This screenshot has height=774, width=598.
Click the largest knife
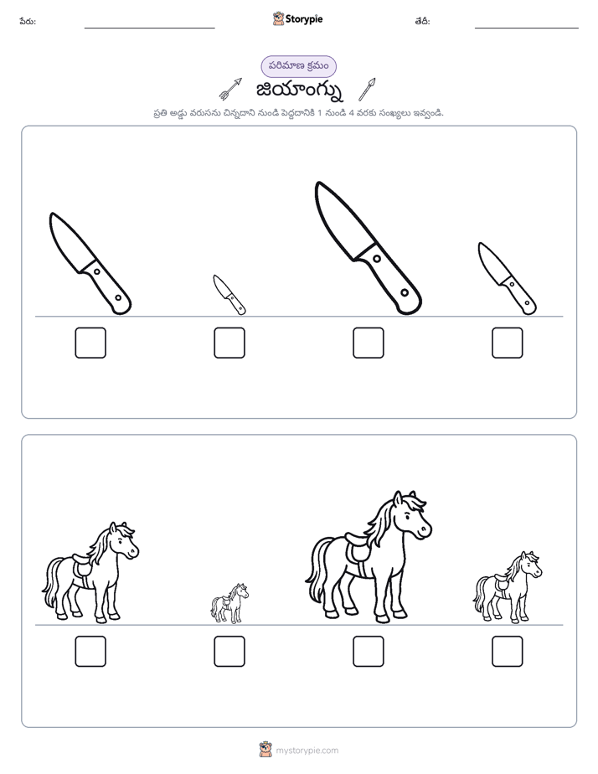(x=368, y=247)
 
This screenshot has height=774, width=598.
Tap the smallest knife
(x=229, y=294)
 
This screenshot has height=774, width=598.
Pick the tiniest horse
(x=229, y=603)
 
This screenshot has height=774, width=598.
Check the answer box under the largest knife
(x=368, y=343)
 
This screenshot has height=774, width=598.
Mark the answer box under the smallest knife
(x=229, y=343)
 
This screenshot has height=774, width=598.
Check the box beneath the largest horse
(x=368, y=652)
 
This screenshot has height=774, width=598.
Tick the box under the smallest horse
(x=229, y=652)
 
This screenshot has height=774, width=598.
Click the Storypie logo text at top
(x=304, y=18)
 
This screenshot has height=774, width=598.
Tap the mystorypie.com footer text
(x=307, y=751)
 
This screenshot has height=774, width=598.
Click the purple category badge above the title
(x=298, y=66)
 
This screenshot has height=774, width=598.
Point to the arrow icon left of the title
(x=230, y=88)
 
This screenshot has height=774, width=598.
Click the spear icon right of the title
(x=367, y=89)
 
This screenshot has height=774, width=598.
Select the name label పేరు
(x=28, y=21)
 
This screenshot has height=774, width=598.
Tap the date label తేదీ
(x=422, y=21)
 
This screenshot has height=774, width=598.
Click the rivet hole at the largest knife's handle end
(x=405, y=292)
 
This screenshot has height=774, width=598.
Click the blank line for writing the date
(x=527, y=28)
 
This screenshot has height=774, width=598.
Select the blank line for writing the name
(x=149, y=28)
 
